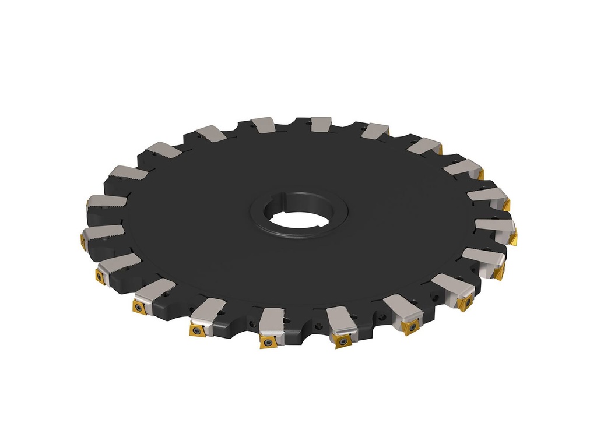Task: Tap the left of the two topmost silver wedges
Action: pyautogui.click(x=262, y=124)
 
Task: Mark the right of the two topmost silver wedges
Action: pyautogui.click(x=321, y=124)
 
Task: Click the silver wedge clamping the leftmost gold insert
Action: pyautogui.click(x=103, y=233)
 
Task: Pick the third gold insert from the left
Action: pyautogui.click(x=139, y=306)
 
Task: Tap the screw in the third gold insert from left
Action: pyautogui.click(x=139, y=306)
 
